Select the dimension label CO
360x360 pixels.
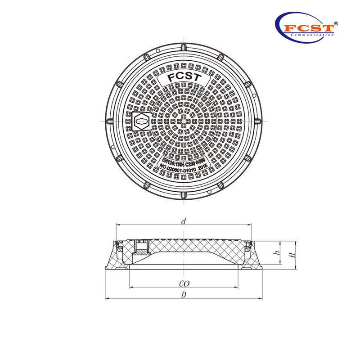click(184, 283)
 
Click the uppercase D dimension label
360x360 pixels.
click(183, 295)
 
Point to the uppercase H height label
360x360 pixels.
click(292, 255)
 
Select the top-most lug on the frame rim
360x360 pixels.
click(183, 48)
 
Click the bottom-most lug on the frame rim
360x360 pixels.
click(183, 195)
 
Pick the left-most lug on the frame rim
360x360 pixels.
click(109, 121)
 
